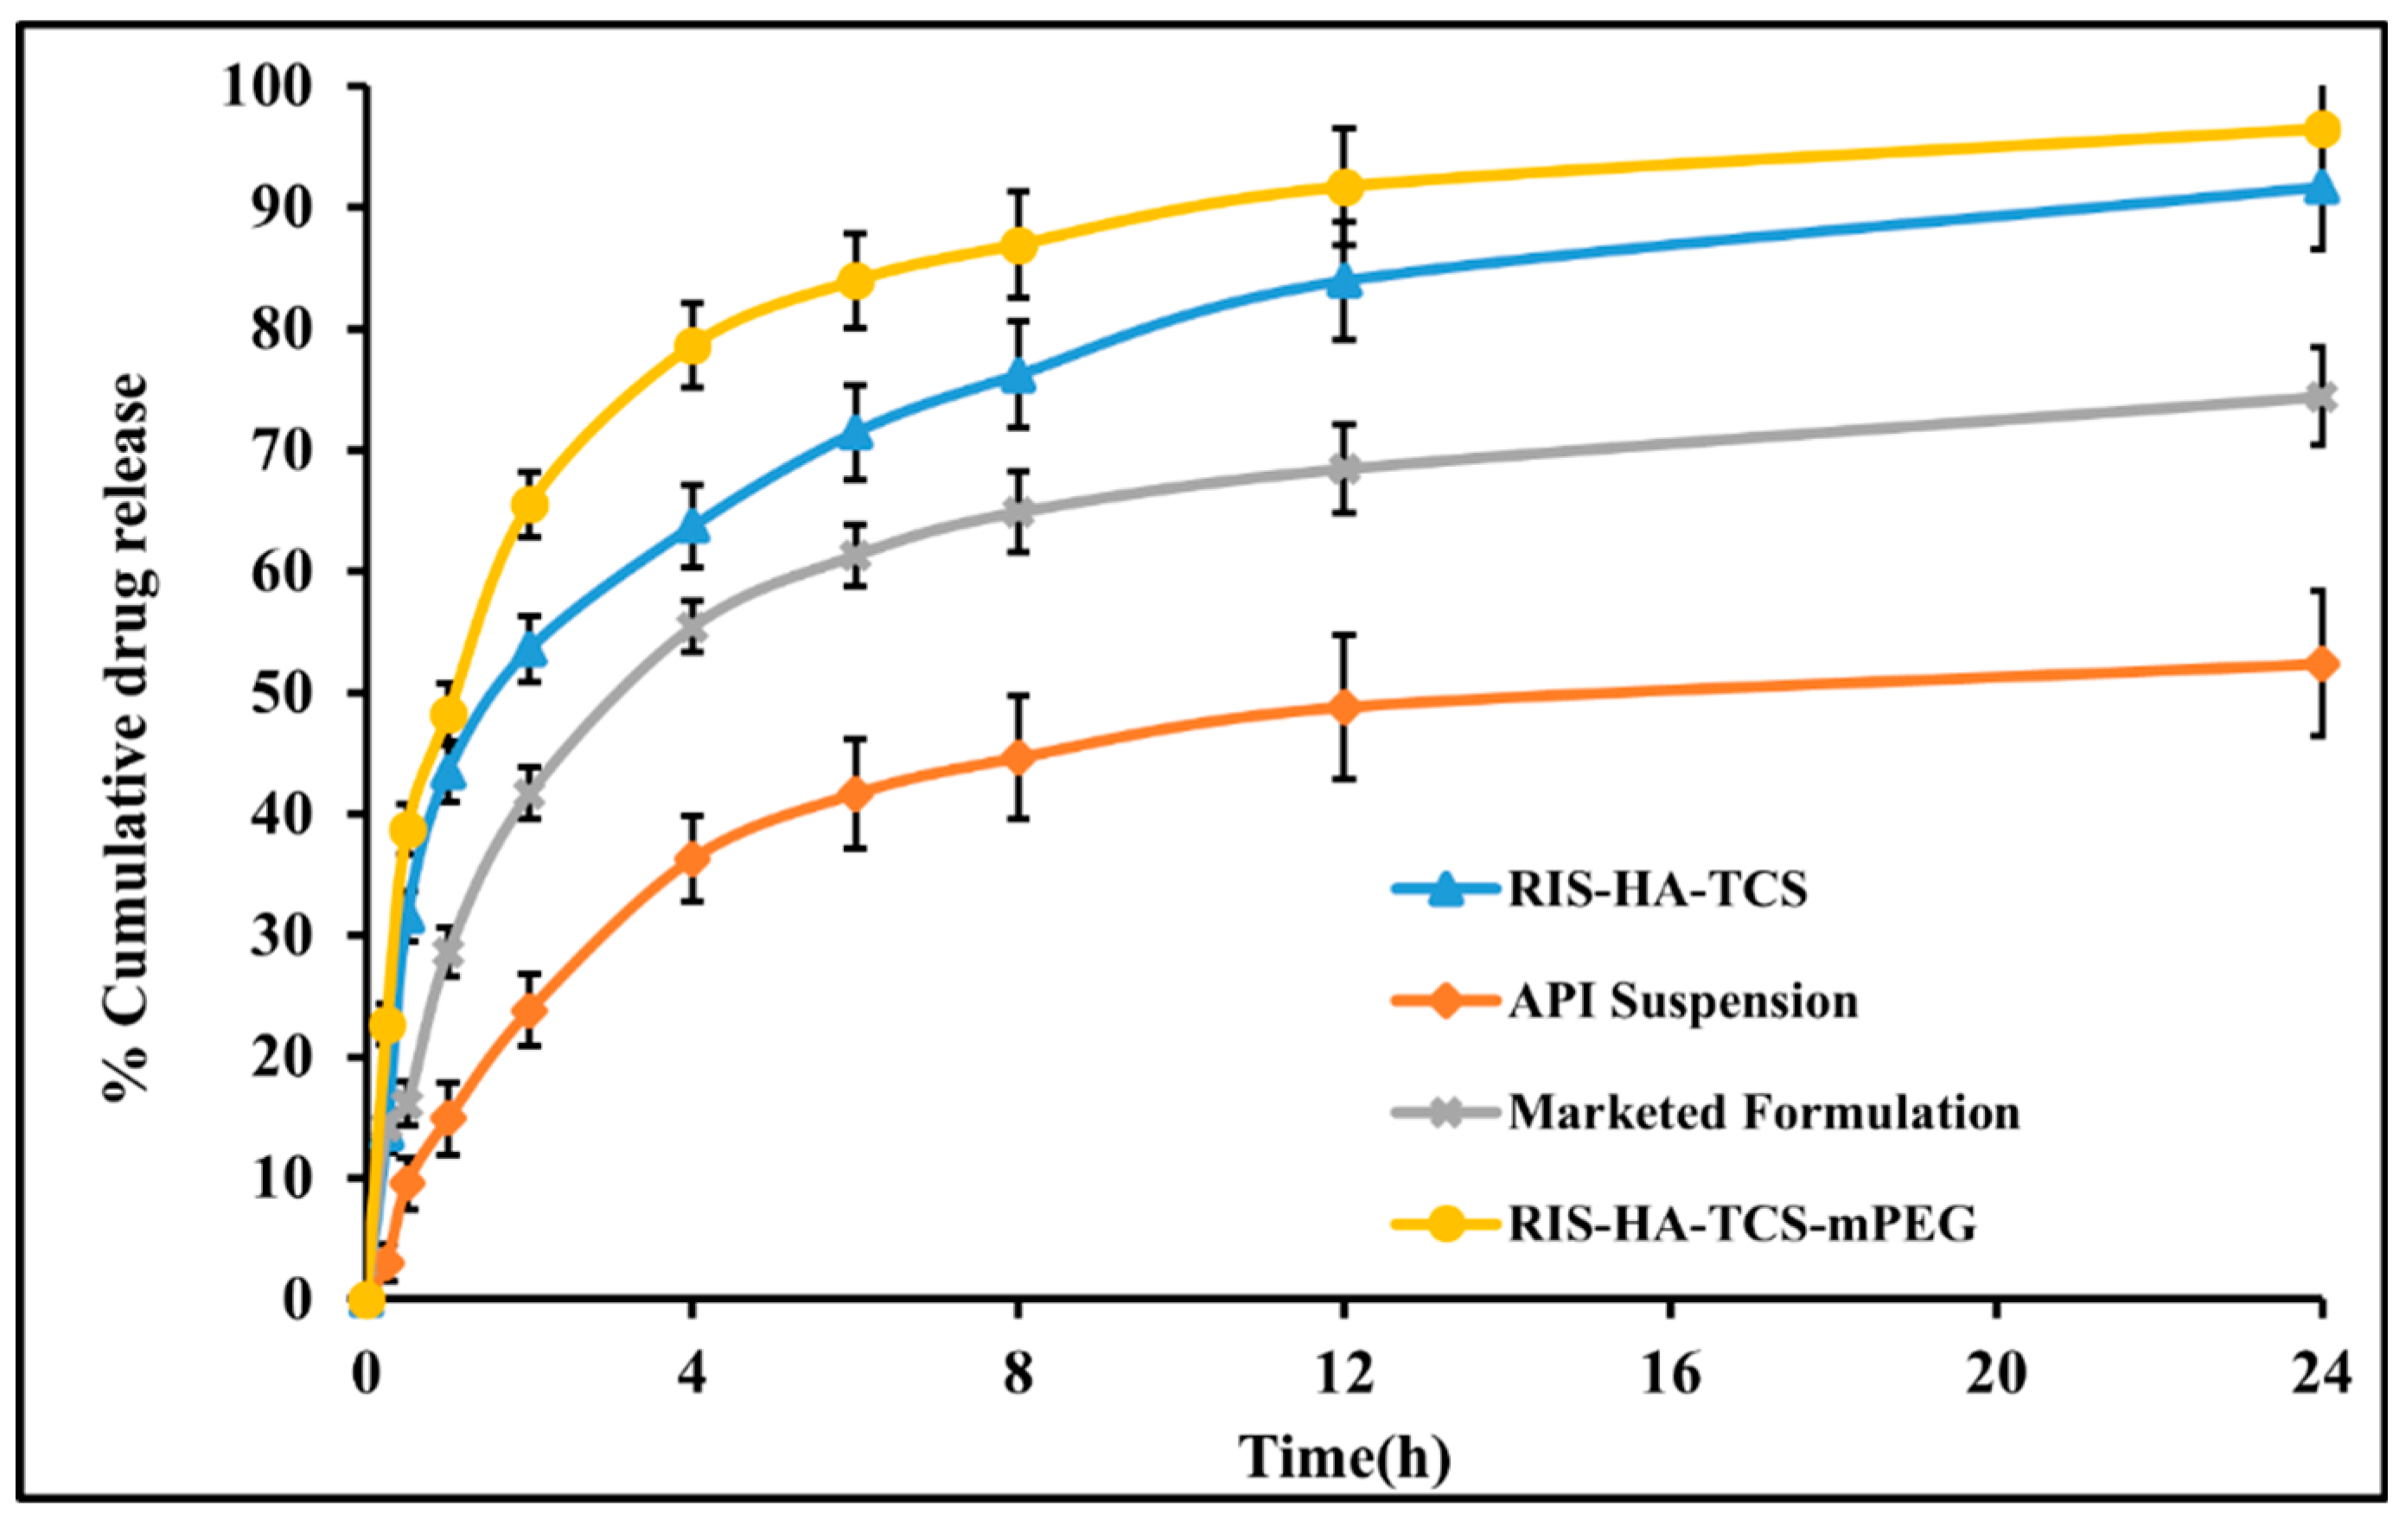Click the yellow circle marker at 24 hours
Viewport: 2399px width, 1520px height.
(x=2321, y=157)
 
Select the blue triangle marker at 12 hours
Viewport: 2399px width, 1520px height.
(x=1345, y=280)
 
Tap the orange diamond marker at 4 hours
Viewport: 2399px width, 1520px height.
(x=692, y=859)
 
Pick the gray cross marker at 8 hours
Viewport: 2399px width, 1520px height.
(x=1018, y=512)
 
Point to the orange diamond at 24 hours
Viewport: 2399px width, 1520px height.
(x=2321, y=665)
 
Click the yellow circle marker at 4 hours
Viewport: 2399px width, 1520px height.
(x=692, y=346)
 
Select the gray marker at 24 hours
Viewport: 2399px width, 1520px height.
(x=2321, y=397)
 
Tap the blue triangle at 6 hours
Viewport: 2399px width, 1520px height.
(x=855, y=432)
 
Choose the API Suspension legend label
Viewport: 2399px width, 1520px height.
(x=1682, y=1001)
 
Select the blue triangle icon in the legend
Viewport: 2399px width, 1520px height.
(x=1444, y=889)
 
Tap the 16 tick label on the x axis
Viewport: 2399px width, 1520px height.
(x=1671, y=1376)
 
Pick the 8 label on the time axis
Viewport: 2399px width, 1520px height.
(x=1018, y=1376)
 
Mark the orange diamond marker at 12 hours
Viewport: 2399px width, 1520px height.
(x=1345, y=707)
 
